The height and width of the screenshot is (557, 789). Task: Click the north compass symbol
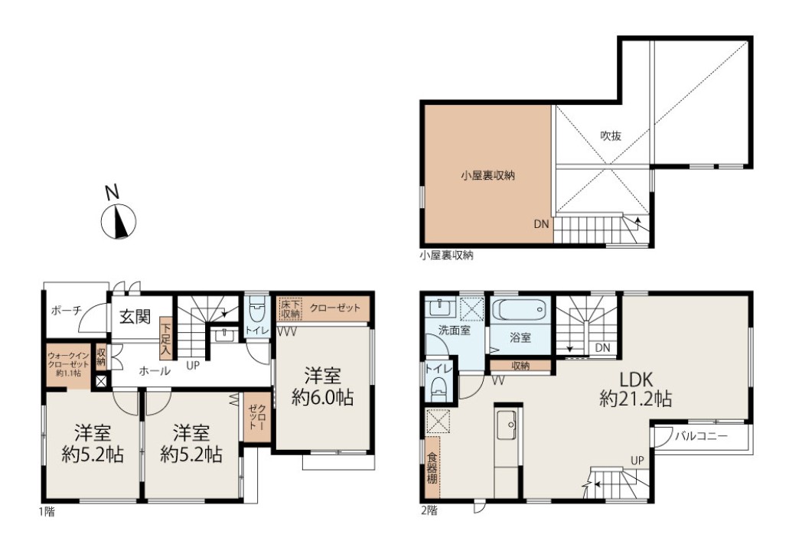pyautogui.click(x=119, y=221)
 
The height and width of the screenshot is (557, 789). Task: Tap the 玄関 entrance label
pyautogui.click(x=135, y=317)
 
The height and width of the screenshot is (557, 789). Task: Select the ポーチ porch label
pyautogui.click(x=67, y=311)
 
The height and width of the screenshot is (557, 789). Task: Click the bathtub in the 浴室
pyautogui.click(x=520, y=309)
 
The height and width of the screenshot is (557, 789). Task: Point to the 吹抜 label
pyautogui.click(x=611, y=136)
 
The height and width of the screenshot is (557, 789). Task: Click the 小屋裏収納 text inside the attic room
pyautogui.click(x=488, y=176)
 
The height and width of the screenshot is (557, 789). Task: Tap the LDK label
pyautogui.click(x=635, y=379)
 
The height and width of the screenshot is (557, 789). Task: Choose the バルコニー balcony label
pyautogui.click(x=702, y=436)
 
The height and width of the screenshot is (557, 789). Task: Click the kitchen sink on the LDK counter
pyautogui.click(x=506, y=425)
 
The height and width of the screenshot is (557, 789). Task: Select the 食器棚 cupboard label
pyautogui.click(x=432, y=468)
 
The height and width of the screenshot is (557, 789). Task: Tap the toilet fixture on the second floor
pyautogui.click(x=439, y=387)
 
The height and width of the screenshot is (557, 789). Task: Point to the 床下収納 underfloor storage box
pyautogui.click(x=291, y=308)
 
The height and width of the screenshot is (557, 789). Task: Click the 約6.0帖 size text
pyautogui.click(x=322, y=398)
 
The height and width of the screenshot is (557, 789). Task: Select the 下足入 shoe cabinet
pyautogui.click(x=165, y=338)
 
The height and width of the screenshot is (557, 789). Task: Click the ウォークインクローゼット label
pyautogui.click(x=68, y=361)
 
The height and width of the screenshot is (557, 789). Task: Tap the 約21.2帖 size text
pyautogui.click(x=635, y=399)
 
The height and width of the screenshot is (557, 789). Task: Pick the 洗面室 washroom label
pyautogui.click(x=455, y=331)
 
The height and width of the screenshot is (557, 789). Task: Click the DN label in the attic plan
pyautogui.click(x=541, y=224)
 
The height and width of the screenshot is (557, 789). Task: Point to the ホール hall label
pyautogui.click(x=155, y=371)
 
